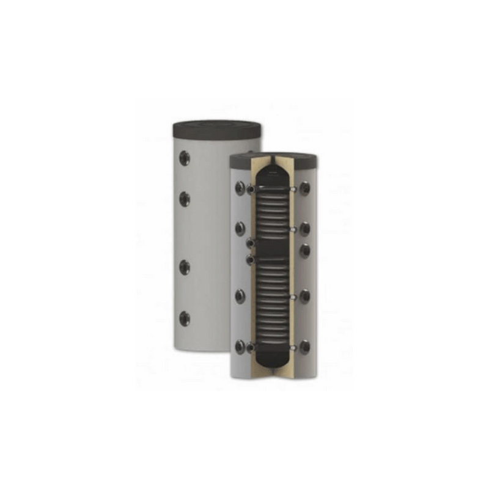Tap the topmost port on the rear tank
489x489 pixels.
(x=184, y=158)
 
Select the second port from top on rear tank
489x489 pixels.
(x=184, y=199)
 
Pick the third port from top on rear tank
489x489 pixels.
(x=184, y=267)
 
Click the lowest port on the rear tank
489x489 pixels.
(x=184, y=318)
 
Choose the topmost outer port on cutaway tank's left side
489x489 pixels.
(x=240, y=188)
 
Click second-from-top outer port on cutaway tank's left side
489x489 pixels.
(x=240, y=228)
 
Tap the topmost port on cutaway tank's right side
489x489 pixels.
(x=304, y=188)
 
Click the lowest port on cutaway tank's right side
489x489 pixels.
(x=304, y=347)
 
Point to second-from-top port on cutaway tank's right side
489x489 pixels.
(x=304, y=228)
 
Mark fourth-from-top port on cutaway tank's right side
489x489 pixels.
(x=304, y=296)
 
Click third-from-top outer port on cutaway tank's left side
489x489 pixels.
(x=240, y=296)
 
